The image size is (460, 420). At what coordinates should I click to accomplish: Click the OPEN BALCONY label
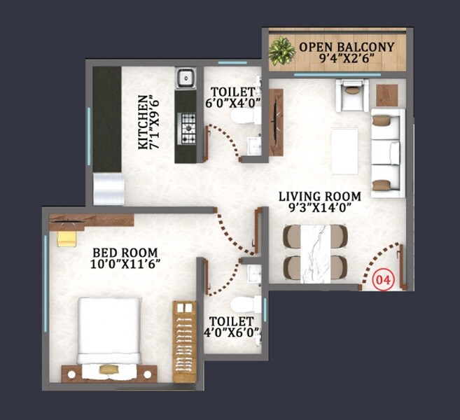pyautogui.click(x=347, y=48)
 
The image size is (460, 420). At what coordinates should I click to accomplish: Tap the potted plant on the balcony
pyautogui.click(x=282, y=51)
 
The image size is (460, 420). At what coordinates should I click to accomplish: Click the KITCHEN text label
pyautogui.click(x=143, y=122)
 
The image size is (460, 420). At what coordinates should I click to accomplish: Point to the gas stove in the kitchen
pyautogui.click(x=187, y=127)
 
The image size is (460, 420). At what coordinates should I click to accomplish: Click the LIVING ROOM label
pyautogui.click(x=319, y=196)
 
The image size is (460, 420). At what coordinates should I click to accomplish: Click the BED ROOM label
pyautogui.click(x=125, y=253)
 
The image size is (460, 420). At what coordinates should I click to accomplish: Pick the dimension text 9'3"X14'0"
pyautogui.click(x=319, y=208)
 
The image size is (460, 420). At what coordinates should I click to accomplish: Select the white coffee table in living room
pyautogui.click(x=344, y=150)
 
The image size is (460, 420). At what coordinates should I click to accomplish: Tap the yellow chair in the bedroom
pyautogui.click(x=67, y=238)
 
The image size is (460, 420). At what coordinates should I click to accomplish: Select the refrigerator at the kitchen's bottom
pyautogui.click(x=109, y=189)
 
